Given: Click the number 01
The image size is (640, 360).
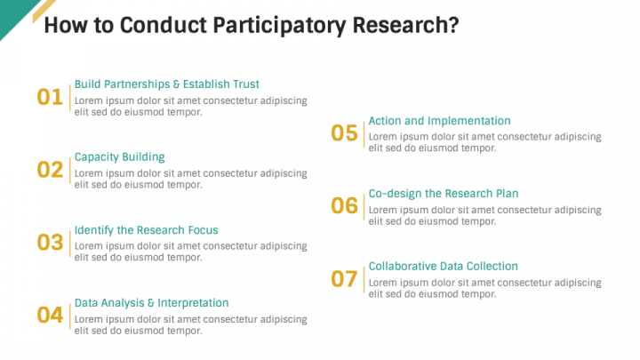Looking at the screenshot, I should (50, 97).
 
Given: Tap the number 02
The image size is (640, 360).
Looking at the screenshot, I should (50, 170).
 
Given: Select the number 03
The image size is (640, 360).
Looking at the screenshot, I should (50, 243).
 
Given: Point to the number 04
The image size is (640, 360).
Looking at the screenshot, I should (50, 315).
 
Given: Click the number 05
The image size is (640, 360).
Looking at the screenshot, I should (344, 133).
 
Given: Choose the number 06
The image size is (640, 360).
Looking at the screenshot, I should (344, 206).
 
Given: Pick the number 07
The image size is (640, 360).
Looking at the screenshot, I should (344, 279).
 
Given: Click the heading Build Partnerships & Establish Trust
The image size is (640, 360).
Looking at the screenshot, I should (166, 84).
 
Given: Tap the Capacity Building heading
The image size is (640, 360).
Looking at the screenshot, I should (119, 157).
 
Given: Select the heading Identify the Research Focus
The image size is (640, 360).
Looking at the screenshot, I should (146, 230).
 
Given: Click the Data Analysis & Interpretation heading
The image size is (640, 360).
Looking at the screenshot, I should (151, 303).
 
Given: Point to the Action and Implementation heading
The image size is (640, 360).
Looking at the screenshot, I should (439, 121).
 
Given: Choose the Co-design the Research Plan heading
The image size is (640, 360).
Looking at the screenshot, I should (443, 194).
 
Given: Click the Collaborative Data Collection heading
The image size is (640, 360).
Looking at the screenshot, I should (443, 267).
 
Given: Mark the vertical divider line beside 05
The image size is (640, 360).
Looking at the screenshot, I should (364, 133).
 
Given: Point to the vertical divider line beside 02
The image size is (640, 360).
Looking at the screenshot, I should (69, 170).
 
